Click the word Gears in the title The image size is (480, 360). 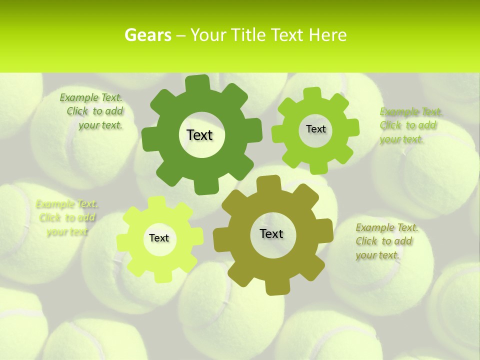coord(145,35)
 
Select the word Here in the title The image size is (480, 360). coord(327,35)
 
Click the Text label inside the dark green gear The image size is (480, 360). coord(199,135)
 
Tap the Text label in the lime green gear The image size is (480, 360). coord(315,129)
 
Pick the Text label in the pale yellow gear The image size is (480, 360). coord(159,238)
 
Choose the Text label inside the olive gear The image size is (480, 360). coord(271,233)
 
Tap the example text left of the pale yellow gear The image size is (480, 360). coord(67,217)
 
